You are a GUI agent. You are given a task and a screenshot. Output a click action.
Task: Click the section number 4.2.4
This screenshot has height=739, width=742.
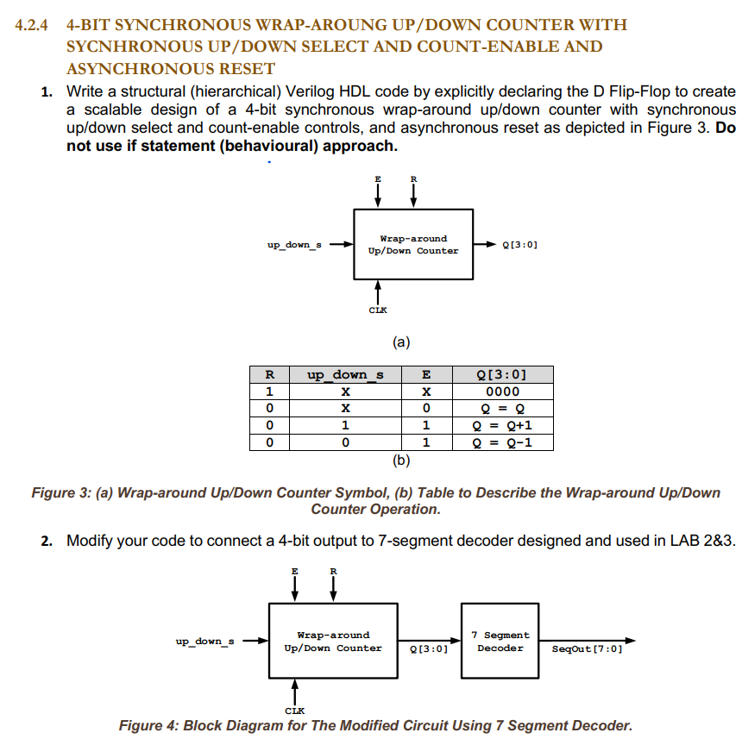[35, 24]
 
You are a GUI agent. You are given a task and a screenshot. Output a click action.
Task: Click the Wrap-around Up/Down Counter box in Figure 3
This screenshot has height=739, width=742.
[413, 244]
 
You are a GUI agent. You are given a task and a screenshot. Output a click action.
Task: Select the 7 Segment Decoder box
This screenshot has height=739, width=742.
[500, 641]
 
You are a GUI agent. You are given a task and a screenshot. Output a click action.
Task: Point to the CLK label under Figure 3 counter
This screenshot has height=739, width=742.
[378, 310]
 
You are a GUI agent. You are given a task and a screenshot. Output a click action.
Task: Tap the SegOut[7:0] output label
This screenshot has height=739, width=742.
[587, 648]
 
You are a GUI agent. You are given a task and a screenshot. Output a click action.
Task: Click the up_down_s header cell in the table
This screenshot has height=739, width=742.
[345, 375]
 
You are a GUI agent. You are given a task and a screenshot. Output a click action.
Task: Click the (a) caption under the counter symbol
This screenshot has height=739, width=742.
[400, 342]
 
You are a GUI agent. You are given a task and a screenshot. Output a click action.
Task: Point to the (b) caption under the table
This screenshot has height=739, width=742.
[400, 460]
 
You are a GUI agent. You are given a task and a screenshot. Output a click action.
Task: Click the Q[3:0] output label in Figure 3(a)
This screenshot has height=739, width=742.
[519, 245]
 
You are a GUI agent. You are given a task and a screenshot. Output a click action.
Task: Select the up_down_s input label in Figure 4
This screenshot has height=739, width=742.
[204, 641]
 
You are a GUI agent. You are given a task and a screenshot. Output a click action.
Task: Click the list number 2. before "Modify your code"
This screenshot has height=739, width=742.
[47, 541]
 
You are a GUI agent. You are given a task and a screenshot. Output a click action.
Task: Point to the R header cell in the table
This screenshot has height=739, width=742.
[269, 375]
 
